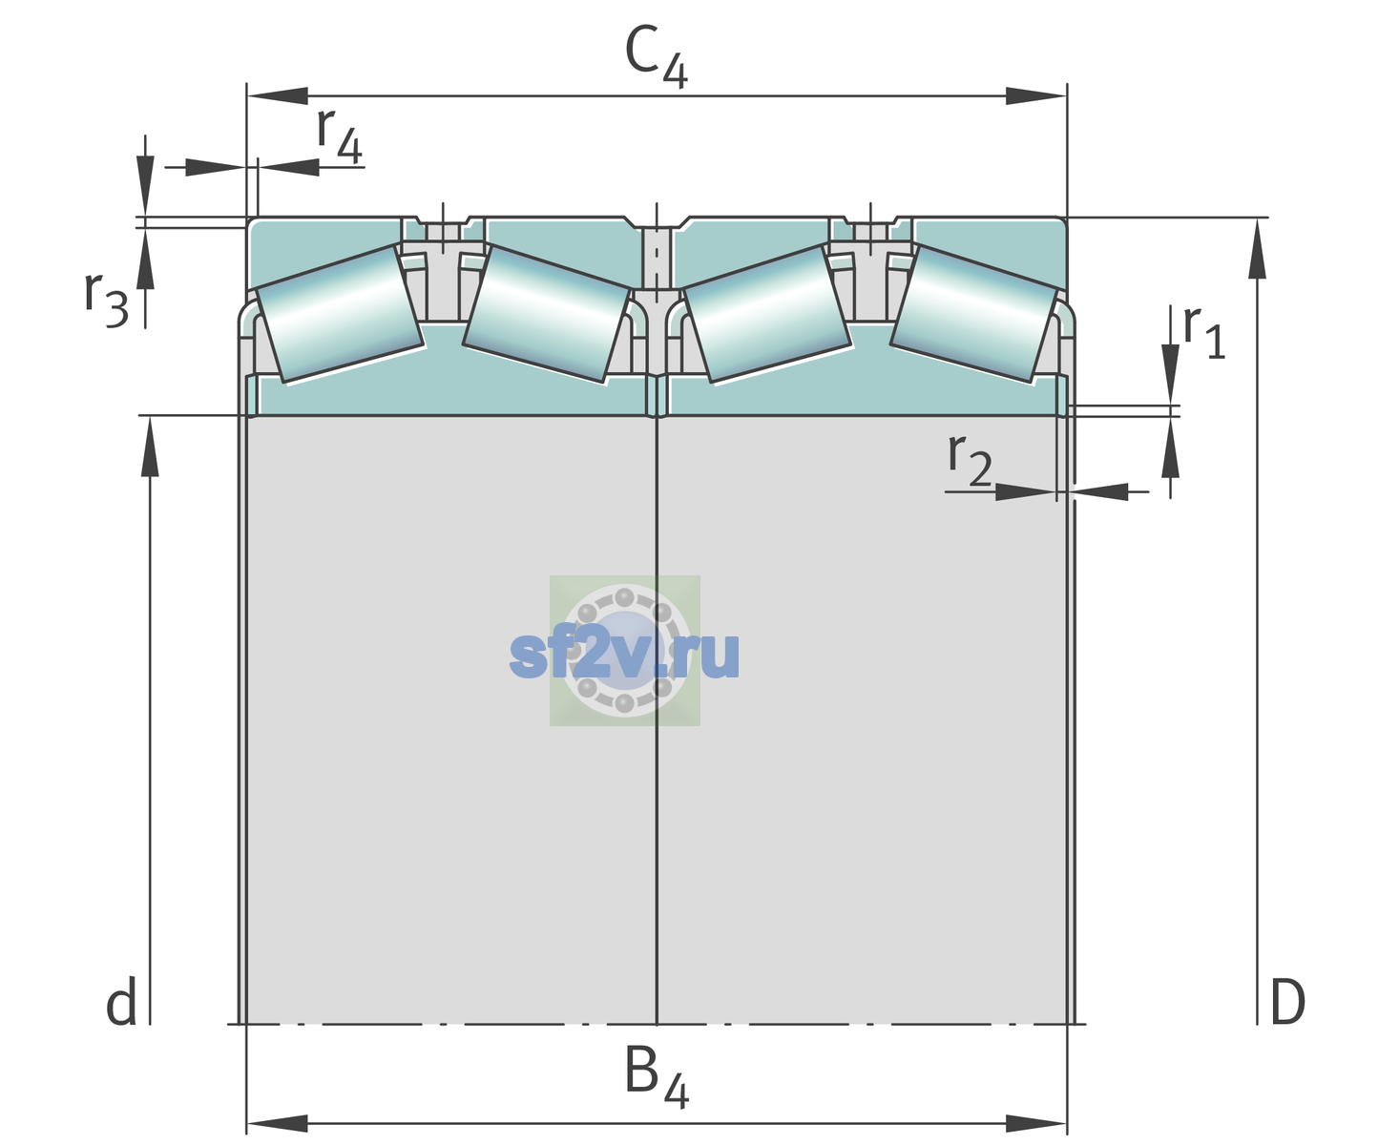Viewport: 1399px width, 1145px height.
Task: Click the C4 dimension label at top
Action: coord(656,57)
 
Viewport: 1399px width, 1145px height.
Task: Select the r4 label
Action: coord(340,135)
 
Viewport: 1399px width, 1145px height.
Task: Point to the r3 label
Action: coord(107,300)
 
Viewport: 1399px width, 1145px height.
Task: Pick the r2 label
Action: coord(970,460)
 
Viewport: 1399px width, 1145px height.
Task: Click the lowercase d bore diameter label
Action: coord(121,1001)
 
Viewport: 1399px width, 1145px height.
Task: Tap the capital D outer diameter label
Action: coord(1287,1002)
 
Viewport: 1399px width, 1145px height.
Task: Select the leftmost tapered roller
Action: coord(340,314)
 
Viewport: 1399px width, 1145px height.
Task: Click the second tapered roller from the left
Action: coord(546,314)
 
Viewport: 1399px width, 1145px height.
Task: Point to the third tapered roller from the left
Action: coord(767,314)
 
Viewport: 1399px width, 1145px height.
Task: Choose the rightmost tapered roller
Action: coord(973,314)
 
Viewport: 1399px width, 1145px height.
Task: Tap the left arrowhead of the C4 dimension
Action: coord(278,95)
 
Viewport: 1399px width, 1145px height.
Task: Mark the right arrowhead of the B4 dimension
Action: coord(1036,1124)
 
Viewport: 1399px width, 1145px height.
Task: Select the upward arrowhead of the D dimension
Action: coord(1257,248)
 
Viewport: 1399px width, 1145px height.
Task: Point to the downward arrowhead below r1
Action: coord(1171,374)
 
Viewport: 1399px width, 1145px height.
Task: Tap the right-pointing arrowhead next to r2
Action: coord(1026,491)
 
